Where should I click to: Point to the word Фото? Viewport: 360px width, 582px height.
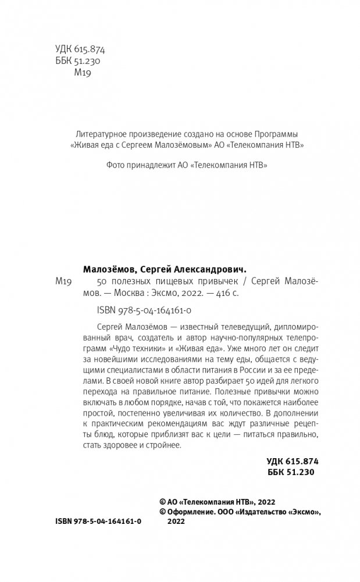pos(116,165)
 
